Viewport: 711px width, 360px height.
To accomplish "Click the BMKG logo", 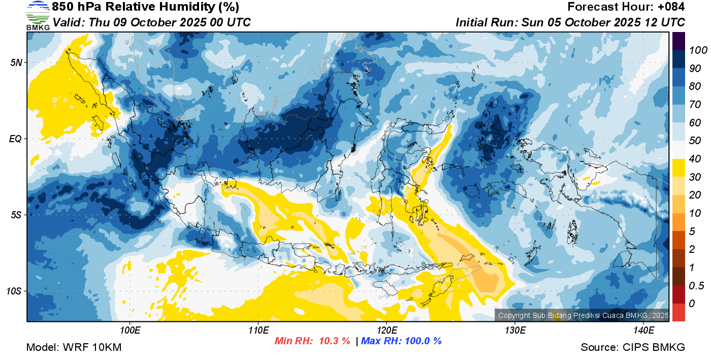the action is point(38,16).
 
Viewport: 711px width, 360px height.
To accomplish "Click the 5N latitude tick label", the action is point(16,62).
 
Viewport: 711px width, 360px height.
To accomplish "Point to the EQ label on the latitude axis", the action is point(15,139).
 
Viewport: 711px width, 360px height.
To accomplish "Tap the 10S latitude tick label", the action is point(14,291).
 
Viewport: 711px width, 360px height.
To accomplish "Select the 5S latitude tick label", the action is point(16,215).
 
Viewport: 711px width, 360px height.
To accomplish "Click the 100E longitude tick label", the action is point(130,331).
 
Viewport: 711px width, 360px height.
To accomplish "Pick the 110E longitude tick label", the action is point(258,331).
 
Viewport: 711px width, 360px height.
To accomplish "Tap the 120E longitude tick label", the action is point(387,331).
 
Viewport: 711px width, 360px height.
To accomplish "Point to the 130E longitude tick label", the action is point(515,331).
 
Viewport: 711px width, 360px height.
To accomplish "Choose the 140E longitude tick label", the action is point(644,331).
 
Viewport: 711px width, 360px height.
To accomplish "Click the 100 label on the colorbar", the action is point(698,50).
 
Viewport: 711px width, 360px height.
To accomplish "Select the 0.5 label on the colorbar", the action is point(696,286).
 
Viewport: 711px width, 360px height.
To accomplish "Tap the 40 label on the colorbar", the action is point(695,159).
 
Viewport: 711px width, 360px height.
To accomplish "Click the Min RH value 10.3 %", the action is point(335,341).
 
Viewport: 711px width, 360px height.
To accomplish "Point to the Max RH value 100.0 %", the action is point(423,341).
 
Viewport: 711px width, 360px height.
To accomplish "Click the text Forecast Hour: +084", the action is point(626,7).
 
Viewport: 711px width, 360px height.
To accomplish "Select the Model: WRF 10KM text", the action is point(74,347).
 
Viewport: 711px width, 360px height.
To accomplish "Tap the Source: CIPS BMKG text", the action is point(633,347).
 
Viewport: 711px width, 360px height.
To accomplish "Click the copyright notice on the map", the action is point(584,315).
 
